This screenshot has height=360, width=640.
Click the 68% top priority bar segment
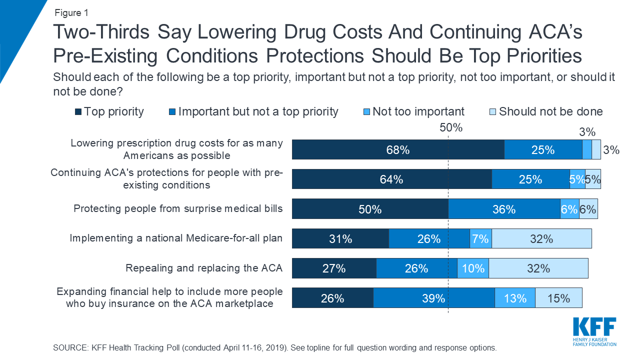398,149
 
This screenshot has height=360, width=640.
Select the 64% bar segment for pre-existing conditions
391,179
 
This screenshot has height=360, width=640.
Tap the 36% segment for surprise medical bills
504,209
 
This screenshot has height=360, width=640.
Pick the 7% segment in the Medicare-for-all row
480,238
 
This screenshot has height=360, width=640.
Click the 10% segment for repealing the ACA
472,268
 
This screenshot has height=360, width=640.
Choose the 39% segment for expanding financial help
433,298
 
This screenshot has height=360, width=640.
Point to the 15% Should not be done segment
558,298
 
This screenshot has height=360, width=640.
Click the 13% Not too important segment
515,298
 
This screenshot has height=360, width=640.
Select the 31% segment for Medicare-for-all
340,238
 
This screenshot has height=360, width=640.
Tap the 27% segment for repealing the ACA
334,268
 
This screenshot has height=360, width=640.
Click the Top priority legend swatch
78,111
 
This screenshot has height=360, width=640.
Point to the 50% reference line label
451,127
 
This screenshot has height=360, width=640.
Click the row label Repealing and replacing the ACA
204,268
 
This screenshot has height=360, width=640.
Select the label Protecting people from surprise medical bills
178,208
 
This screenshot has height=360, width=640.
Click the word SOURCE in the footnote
69,347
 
